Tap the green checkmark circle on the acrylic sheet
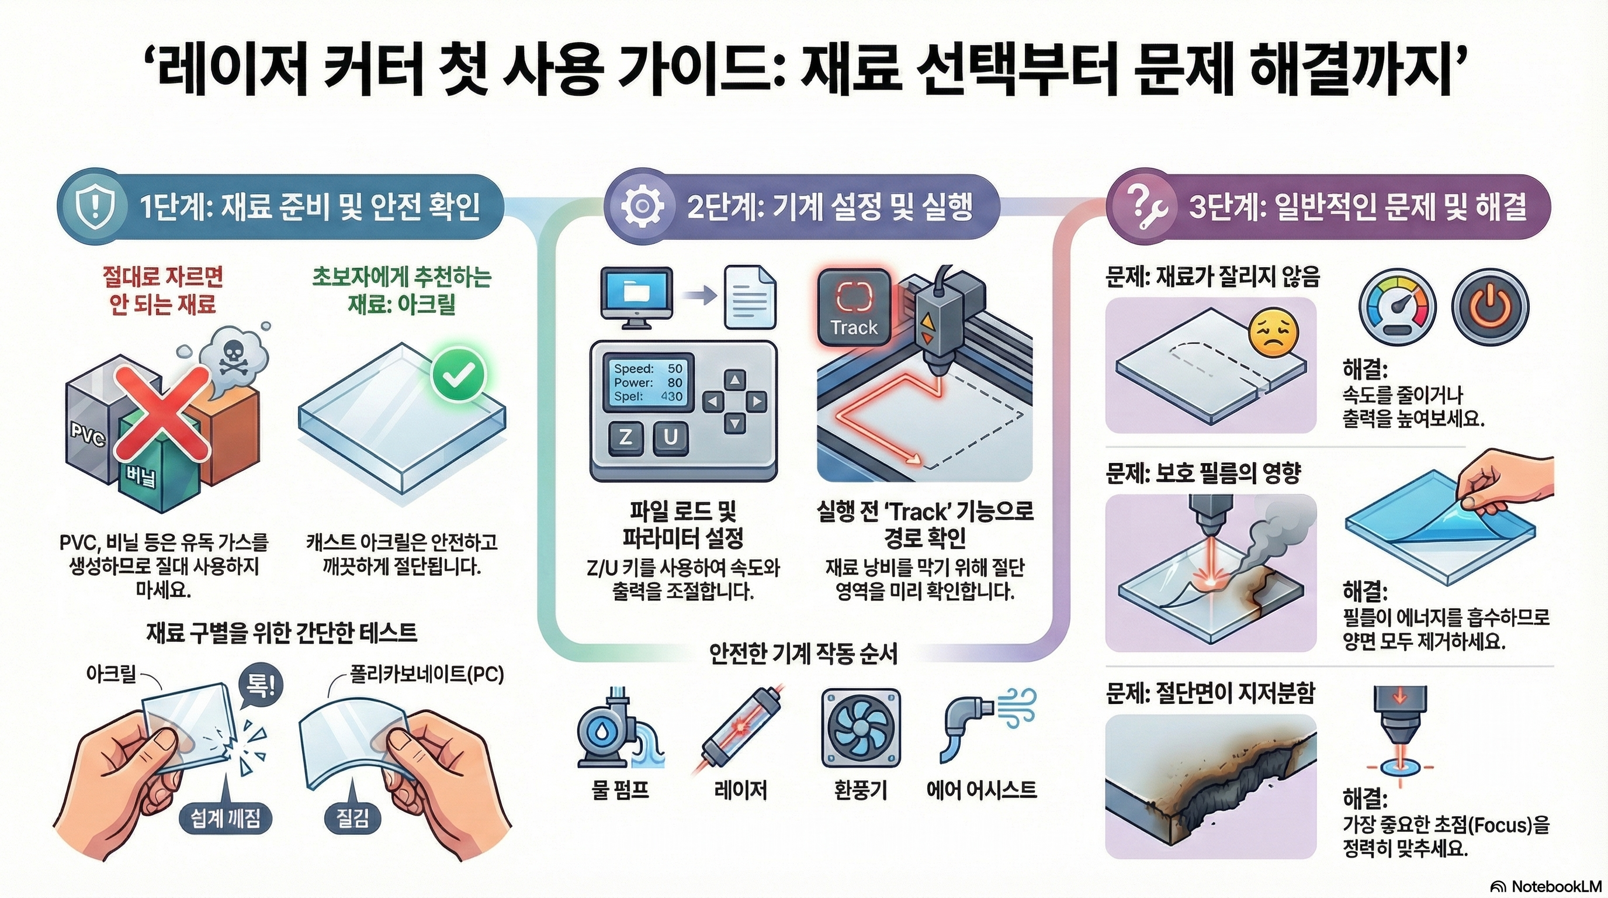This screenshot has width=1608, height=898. tap(459, 375)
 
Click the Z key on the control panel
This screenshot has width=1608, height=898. tap(625, 438)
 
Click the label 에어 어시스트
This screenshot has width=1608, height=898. tap(981, 790)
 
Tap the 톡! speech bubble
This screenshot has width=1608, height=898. tap(261, 688)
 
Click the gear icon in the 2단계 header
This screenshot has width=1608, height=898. tap(642, 207)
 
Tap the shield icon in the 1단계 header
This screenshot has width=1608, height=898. tap(95, 207)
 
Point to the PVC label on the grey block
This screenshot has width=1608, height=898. tap(88, 436)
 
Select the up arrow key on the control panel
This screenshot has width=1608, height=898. tap(734, 379)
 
